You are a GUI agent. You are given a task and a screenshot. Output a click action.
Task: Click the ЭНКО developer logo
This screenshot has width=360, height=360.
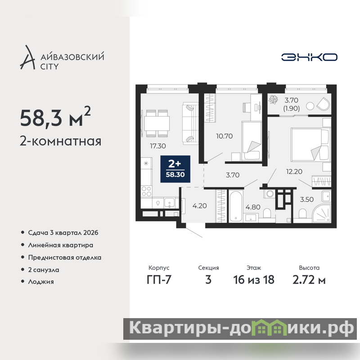(309, 57)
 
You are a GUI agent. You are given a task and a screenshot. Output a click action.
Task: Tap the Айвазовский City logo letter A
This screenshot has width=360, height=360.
(27, 58)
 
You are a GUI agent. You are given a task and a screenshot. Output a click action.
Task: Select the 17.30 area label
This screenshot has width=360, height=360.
(158, 146)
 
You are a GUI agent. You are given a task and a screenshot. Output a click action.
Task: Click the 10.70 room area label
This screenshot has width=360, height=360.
(224, 136)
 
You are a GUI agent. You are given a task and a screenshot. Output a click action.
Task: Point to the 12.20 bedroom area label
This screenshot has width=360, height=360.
(294, 171)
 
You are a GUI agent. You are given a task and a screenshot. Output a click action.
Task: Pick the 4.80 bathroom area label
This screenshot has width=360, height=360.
(253, 207)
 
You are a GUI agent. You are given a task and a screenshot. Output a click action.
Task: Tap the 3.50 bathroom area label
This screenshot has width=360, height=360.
(307, 199)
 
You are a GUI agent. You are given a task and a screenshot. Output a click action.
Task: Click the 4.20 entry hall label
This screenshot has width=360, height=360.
(199, 206)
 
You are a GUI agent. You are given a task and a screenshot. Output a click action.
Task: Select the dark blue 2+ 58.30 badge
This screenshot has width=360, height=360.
(175, 169)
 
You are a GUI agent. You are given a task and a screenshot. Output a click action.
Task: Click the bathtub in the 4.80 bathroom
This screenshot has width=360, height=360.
(236, 206)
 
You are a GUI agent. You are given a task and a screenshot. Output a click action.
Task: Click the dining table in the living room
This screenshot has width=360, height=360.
(157, 123)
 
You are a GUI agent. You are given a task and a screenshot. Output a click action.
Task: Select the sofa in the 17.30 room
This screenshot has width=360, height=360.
(190, 124)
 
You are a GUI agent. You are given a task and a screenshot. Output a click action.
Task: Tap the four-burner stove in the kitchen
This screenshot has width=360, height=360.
(146, 191)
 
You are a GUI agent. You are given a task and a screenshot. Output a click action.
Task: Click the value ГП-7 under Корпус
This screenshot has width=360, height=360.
(159, 279)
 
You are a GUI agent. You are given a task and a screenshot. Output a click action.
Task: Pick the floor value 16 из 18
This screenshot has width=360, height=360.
(254, 279)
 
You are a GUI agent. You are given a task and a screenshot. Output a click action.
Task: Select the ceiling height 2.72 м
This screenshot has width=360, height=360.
(309, 279)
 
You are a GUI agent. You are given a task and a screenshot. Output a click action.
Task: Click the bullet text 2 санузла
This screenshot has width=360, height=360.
(44, 270)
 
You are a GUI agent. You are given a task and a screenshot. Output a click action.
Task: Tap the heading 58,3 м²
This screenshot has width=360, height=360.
(55, 117)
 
